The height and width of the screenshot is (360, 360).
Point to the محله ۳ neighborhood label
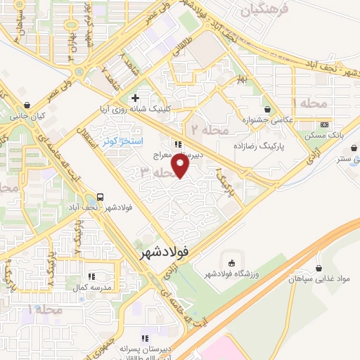click(x=156, y=172)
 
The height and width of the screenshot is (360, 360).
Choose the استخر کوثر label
click(x=120, y=141)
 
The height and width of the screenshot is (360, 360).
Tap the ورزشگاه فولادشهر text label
click(x=231, y=274)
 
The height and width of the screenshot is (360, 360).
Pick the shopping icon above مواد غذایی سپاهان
click(x=320, y=268)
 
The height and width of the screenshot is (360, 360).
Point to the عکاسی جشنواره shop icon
click(x=267, y=109)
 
